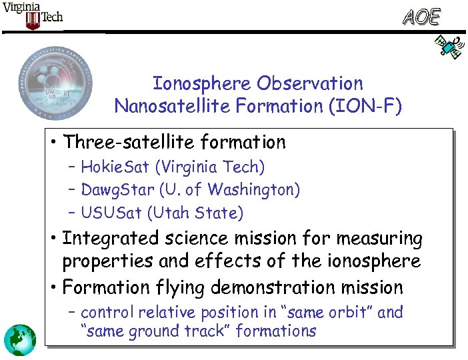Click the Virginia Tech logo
(33, 15)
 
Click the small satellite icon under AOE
(448, 47)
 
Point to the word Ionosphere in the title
(203, 84)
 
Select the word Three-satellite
(133, 142)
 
